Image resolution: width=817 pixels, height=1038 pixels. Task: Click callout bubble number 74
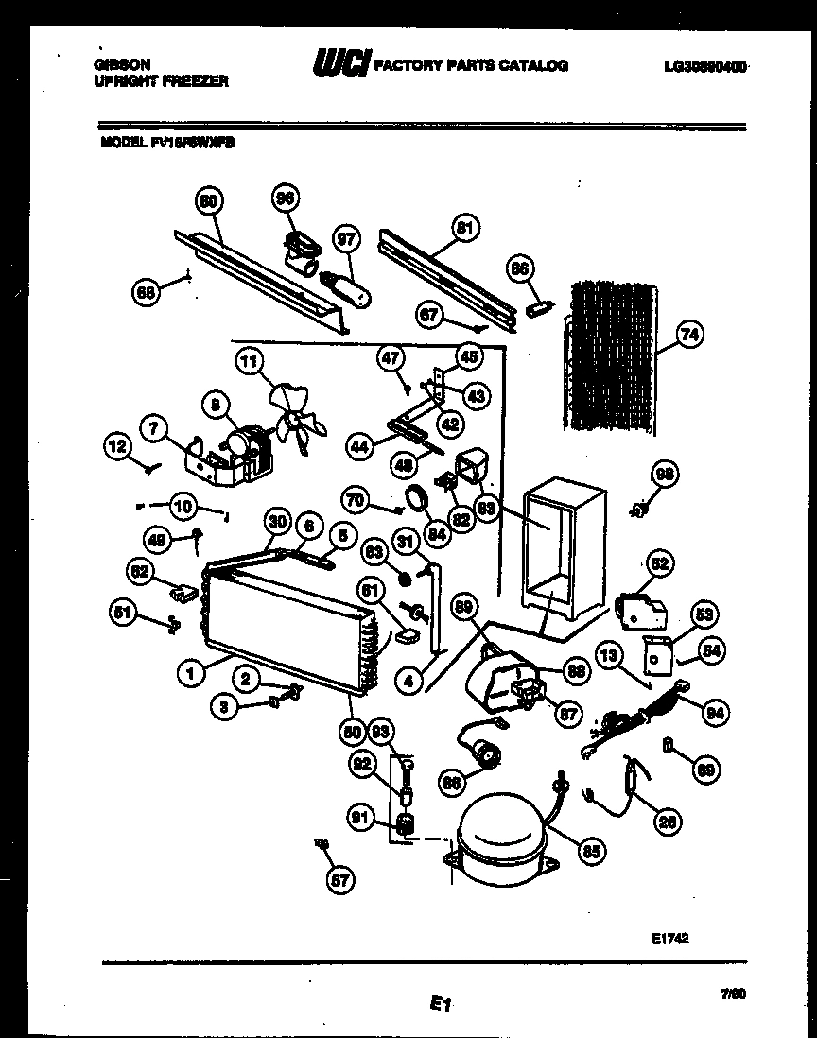(x=690, y=333)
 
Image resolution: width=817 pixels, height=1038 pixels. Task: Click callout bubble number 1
(x=191, y=673)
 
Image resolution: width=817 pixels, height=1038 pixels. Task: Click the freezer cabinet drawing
(x=558, y=558)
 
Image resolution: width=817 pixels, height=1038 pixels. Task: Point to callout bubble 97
(x=348, y=240)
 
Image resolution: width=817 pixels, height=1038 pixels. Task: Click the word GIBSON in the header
(x=122, y=65)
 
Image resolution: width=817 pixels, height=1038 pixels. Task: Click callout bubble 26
(x=668, y=822)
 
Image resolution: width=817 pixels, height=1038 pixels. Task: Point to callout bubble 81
(x=463, y=227)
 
